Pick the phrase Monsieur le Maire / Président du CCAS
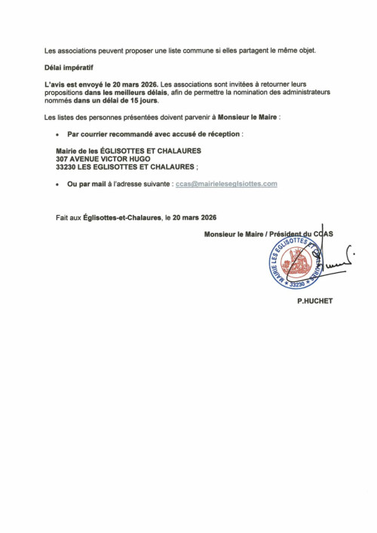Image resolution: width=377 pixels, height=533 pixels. [268, 234]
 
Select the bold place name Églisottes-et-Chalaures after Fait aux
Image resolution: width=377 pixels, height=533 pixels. [122, 218]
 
